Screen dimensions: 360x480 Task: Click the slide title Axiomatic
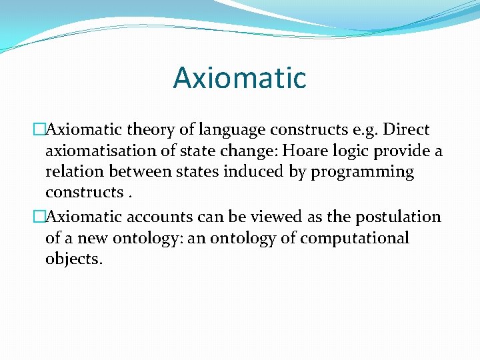pos(239,77)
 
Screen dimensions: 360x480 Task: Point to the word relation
pos(73,171)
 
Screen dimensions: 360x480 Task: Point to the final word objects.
pos(73,259)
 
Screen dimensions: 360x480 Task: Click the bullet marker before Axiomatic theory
pos(39,130)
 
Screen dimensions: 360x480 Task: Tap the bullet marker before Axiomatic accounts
pos(39,217)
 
